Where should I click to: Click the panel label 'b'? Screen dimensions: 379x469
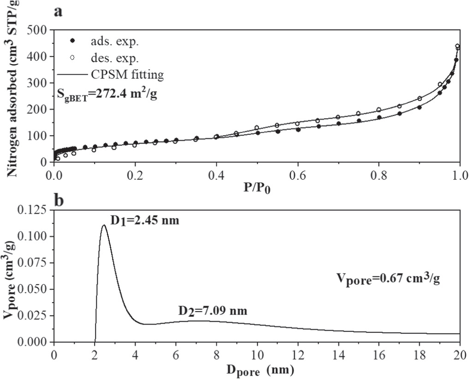coord(59,201)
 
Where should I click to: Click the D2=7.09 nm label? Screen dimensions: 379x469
coord(212,311)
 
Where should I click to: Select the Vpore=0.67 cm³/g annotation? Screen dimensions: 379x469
coord(387,279)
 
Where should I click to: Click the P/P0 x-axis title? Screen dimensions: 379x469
coord(256,188)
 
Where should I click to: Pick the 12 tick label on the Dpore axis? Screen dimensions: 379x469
coord(297,354)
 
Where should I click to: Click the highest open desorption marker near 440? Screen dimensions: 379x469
coord(457,46)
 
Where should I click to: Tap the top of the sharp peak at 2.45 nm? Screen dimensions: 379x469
coord(104,225)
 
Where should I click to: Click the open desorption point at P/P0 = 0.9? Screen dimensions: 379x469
coord(419,99)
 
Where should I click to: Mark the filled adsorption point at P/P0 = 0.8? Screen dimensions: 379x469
coord(379,118)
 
